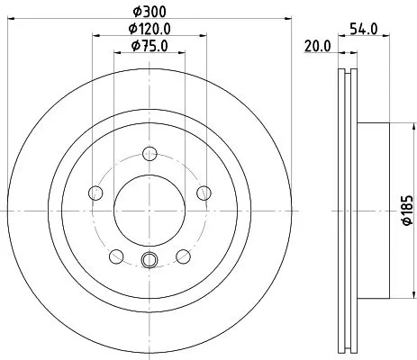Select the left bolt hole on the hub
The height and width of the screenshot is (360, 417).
95,191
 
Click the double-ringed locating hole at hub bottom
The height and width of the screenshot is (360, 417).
150,262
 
